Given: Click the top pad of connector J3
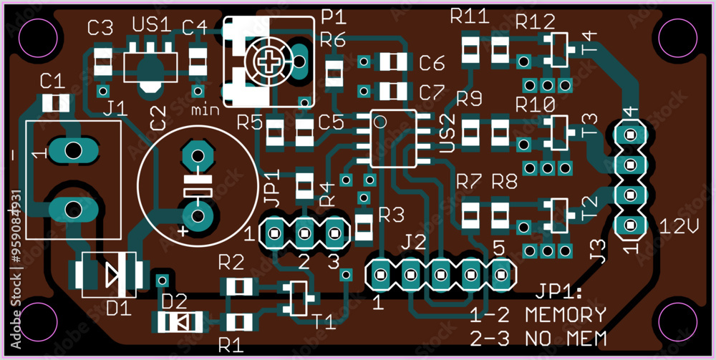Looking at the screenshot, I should tap(631, 135).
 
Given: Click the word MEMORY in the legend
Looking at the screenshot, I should tap(565, 314).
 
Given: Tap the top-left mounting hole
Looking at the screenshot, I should tap(38, 38).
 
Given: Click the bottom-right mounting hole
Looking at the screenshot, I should tap(677, 323).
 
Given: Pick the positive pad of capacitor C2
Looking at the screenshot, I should tap(198, 218).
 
